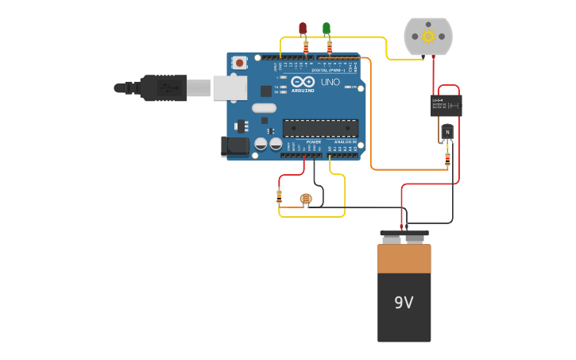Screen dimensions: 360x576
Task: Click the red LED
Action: point(303,29)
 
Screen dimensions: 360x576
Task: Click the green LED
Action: point(327,29)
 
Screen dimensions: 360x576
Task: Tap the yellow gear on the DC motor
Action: point(428,36)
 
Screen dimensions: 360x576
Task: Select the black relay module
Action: point(446,105)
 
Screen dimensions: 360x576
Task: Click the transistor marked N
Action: point(447,131)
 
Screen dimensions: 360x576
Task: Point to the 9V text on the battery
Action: point(404,303)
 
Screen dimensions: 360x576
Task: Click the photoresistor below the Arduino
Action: point(306,199)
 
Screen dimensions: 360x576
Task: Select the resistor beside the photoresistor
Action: point(279,196)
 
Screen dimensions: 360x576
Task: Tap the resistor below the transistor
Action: point(447,158)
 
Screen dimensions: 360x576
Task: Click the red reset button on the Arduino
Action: point(239,62)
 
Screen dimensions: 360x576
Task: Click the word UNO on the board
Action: point(330,82)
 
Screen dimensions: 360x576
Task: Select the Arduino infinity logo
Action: point(303,81)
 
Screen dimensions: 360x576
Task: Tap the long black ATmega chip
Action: point(320,128)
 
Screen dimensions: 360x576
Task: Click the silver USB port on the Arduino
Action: point(230,87)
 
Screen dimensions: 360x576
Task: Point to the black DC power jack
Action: point(235,145)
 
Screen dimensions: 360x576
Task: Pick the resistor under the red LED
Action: point(306,47)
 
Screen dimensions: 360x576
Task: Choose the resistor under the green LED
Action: point(330,47)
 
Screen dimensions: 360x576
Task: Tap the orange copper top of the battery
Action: point(404,258)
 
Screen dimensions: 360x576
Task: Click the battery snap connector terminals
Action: point(404,237)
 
